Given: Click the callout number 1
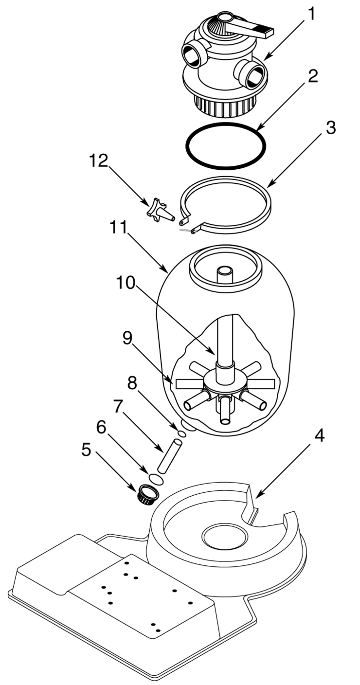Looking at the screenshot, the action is click(311, 15).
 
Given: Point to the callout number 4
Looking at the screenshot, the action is click(318, 435).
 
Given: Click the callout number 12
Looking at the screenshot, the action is click(98, 160).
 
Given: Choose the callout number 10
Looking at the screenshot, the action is click(126, 283).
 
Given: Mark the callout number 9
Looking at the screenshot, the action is click(127, 338).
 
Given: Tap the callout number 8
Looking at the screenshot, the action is click(132, 383).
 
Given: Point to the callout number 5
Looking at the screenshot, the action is click(87, 449).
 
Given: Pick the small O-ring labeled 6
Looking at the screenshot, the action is click(156, 479).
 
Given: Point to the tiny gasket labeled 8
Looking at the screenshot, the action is click(182, 433).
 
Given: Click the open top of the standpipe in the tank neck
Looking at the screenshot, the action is click(224, 270).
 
